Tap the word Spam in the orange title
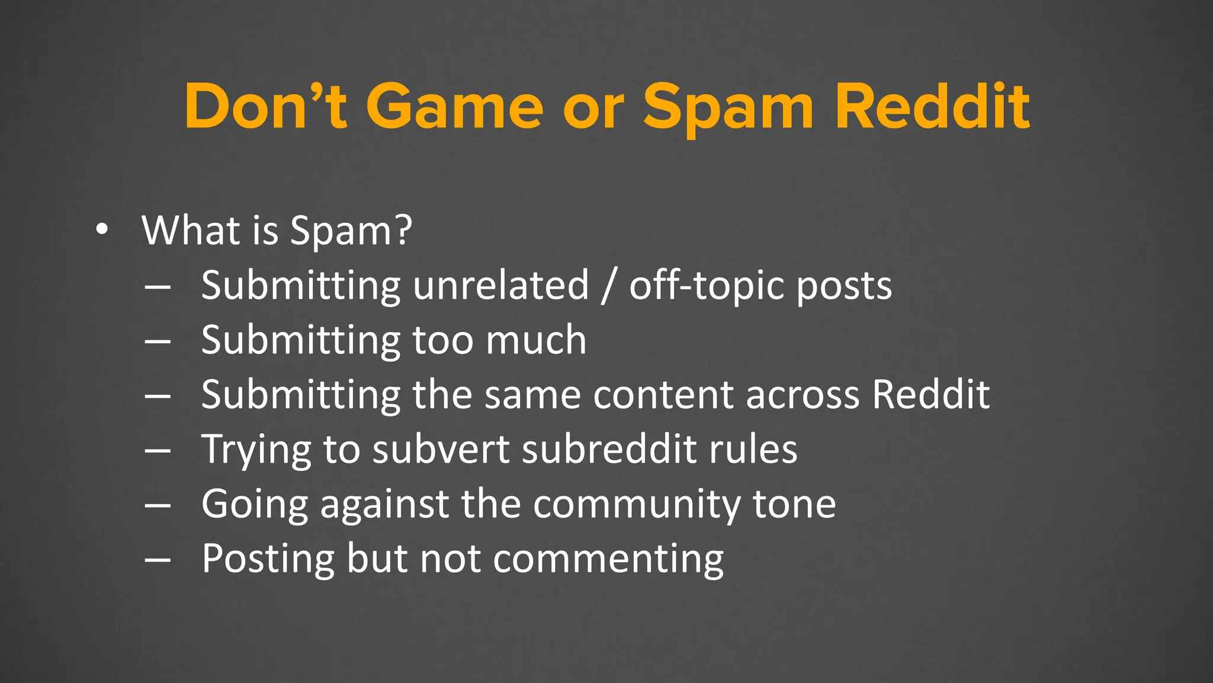coord(729,107)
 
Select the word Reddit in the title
coord(932,107)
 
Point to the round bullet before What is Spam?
coord(102,230)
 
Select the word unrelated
coord(501,286)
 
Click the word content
coord(663,395)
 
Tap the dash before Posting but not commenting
coord(158,559)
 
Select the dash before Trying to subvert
coord(158,450)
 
